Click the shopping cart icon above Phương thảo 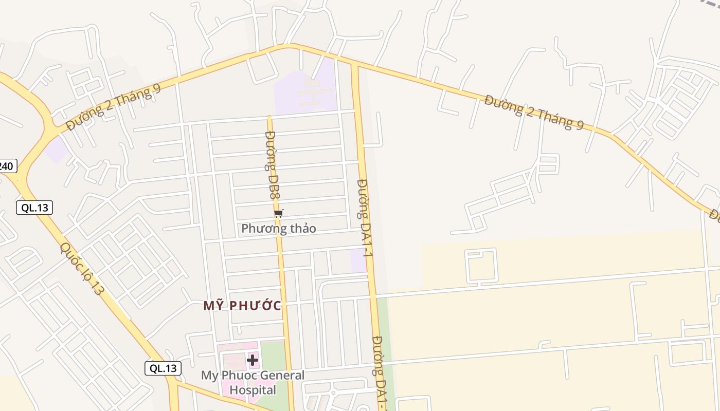(278, 213)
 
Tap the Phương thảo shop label (278, 228)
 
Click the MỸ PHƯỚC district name (242, 306)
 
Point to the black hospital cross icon (253, 360)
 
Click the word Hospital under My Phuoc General (253, 390)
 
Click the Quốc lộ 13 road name (82, 268)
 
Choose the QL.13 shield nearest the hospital (163, 368)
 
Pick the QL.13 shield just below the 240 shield (34, 208)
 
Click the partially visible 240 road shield (7, 166)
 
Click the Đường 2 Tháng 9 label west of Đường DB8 (114, 107)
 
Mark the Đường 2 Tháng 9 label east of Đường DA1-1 (534, 112)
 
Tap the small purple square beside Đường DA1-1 (358, 260)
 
